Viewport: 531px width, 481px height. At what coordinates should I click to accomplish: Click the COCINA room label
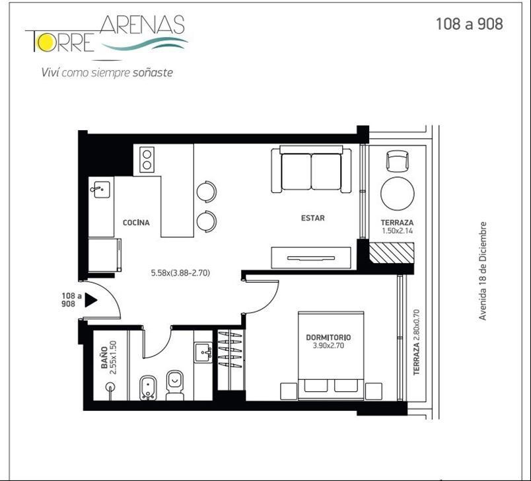click(x=136, y=223)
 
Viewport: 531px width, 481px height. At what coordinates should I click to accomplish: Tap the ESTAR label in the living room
click(x=313, y=218)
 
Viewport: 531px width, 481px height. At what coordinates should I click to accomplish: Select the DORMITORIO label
click(x=328, y=338)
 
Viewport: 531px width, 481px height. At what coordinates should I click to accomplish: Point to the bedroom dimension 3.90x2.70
click(x=328, y=346)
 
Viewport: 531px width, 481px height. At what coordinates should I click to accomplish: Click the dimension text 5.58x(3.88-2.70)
click(x=180, y=273)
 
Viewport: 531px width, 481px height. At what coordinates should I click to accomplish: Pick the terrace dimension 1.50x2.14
click(x=397, y=231)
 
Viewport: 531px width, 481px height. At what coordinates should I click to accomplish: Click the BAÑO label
click(x=104, y=357)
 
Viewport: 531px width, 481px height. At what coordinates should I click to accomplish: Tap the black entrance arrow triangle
click(x=90, y=300)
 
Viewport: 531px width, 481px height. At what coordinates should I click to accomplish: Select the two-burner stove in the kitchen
click(x=147, y=159)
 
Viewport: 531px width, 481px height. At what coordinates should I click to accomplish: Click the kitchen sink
click(x=100, y=190)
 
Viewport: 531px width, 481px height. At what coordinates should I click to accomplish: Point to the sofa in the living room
click(x=311, y=169)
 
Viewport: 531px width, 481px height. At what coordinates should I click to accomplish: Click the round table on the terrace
click(x=397, y=194)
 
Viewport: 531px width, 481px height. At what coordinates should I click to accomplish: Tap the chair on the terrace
click(x=397, y=161)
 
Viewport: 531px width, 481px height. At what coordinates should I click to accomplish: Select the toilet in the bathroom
click(x=175, y=385)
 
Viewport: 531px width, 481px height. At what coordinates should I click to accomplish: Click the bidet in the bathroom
click(x=148, y=388)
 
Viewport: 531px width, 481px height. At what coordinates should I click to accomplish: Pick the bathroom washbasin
click(x=203, y=353)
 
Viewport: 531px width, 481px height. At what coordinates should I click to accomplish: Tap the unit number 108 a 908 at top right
click(x=469, y=24)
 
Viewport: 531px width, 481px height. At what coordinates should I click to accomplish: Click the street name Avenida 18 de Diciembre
click(x=483, y=271)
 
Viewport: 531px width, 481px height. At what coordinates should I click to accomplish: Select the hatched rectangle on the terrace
click(x=391, y=252)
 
